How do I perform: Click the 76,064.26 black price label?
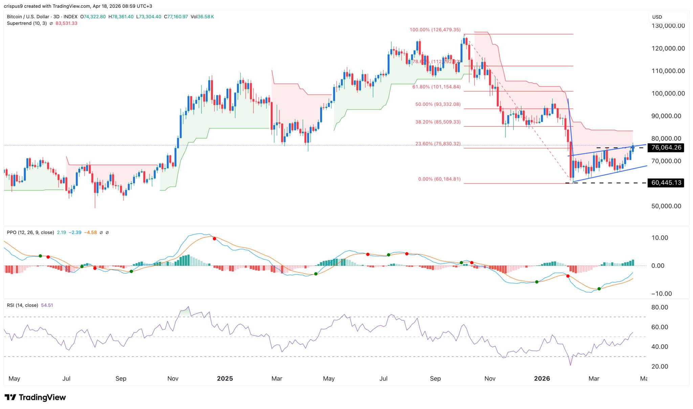[x=665, y=147]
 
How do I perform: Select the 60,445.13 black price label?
[x=665, y=183]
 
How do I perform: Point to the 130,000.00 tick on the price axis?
[x=666, y=26]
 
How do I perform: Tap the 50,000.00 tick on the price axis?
[x=666, y=206]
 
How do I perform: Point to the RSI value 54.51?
[x=47, y=305]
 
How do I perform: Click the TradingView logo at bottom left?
[x=35, y=397]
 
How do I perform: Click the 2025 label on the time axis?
[x=225, y=379]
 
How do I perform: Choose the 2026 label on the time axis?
[x=542, y=379]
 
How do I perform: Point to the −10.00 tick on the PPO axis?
[x=661, y=294]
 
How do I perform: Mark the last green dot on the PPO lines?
[x=599, y=289]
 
